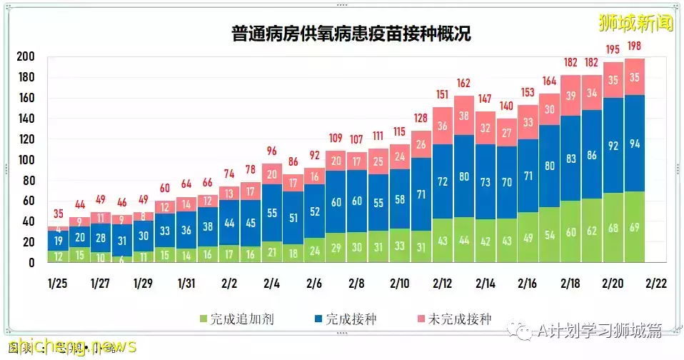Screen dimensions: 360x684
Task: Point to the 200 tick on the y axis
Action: click(26, 56)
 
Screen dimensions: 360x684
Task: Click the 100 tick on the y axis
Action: click(26, 160)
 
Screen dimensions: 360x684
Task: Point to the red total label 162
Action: click(463, 84)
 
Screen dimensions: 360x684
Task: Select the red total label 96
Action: click(271, 151)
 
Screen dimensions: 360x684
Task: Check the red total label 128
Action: click(421, 119)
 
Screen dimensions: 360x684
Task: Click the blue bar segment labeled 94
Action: click(635, 143)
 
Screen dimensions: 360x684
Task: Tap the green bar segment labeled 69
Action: click(635, 227)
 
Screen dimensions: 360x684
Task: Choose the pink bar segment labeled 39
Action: click(570, 96)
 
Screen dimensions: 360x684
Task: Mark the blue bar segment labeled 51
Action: click(293, 218)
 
